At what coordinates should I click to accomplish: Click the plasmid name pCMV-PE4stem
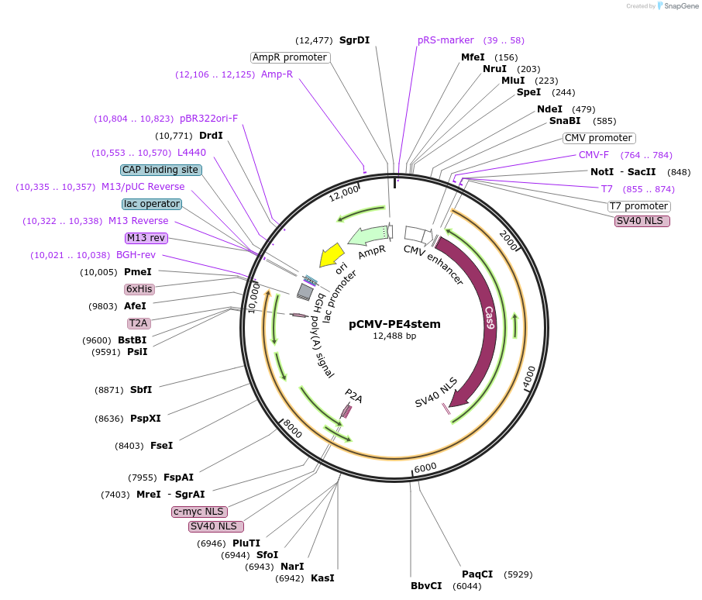click(x=394, y=324)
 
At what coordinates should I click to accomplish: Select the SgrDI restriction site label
click(x=355, y=40)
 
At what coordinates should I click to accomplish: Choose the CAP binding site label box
click(x=161, y=170)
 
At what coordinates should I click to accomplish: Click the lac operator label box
click(x=152, y=204)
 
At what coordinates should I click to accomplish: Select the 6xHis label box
click(x=139, y=289)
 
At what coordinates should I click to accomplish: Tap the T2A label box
click(x=139, y=323)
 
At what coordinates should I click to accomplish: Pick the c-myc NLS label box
click(x=198, y=512)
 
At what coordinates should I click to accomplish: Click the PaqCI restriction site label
click(x=477, y=574)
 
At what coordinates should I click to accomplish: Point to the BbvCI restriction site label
click(x=426, y=585)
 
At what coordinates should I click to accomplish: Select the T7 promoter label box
click(x=639, y=206)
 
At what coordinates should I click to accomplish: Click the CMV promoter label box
click(x=599, y=138)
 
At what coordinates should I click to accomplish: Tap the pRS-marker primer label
click(x=446, y=40)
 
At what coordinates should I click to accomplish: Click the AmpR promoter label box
click(x=290, y=57)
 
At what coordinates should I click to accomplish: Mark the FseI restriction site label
click(x=162, y=446)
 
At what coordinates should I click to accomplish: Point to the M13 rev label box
click(x=146, y=238)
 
